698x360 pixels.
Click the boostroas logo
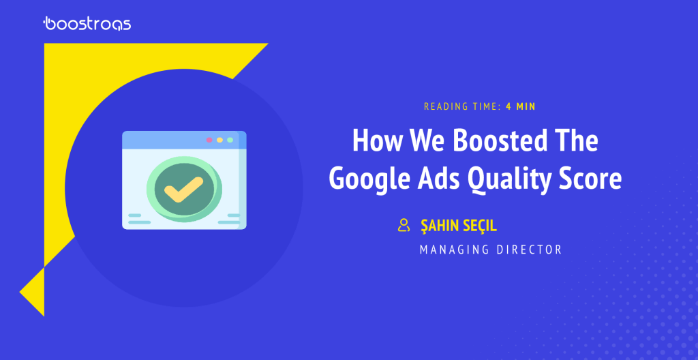click(x=87, y=23)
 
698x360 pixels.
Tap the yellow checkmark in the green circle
click(x=183, y=190)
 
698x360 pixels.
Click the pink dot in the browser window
click(x=209, y=140)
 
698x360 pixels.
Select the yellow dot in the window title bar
click(x=219, y=140)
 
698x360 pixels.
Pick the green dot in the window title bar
click(x=230, y=140)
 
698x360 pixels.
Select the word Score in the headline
click(x=592, y=179)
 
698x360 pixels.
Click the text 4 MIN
click(x=520, y=106)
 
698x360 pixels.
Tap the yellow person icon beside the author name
click(x=404, y=225)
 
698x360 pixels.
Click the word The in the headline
click(x=575, y=140)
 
